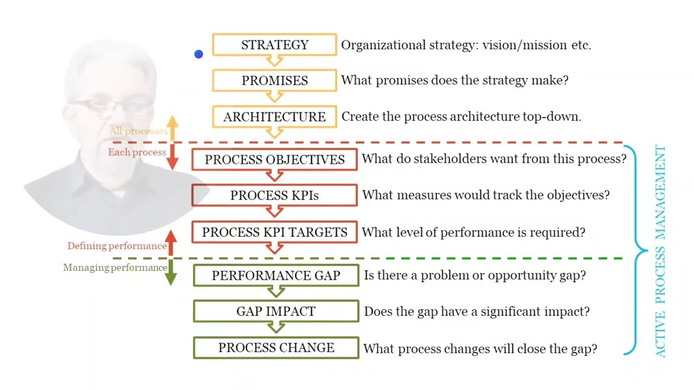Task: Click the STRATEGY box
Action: (274, 45)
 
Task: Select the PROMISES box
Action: (274, 81)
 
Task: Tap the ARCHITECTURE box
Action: (274, 117)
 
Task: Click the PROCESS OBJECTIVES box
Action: (274, 160)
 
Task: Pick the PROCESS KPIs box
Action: (274, 196)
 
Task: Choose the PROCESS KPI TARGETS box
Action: (274, 232)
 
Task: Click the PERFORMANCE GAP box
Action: (276, 275)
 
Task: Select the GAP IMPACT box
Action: (276, 311)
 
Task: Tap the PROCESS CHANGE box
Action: (276, 348)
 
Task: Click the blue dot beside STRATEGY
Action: (198, 54)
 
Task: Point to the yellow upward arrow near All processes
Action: (172, 128)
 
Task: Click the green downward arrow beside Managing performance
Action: (171, 272)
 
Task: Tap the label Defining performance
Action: (117, 246)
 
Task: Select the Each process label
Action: (137, 152)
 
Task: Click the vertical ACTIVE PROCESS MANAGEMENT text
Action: (660, 251)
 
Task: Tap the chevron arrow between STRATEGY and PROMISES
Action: (274, 61)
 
